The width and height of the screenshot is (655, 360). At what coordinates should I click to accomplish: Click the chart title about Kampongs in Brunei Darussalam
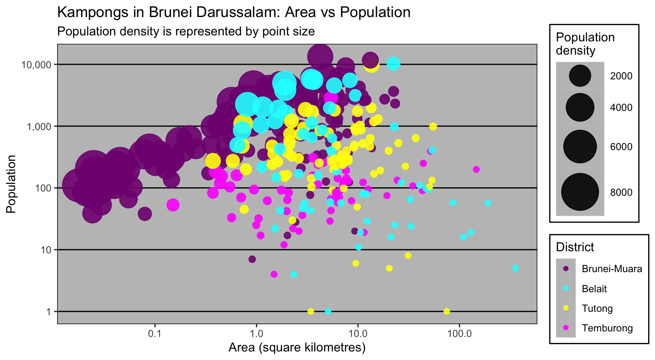(234, 12)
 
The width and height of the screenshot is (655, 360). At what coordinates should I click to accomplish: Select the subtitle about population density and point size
(186, 32)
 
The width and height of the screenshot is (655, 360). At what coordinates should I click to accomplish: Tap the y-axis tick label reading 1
(49, 311)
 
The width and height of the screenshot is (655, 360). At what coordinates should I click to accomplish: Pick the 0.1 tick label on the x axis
(154, 334)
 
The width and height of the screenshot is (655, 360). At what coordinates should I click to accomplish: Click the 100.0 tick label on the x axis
(459, 334)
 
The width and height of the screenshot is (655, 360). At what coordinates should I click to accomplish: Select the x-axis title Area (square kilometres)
(297, 348)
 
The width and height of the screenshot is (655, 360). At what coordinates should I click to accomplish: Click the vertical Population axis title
(11, 184)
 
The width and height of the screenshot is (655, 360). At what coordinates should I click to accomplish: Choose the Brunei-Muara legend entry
(612, 269)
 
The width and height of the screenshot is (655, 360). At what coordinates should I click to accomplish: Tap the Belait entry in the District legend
(594, 289)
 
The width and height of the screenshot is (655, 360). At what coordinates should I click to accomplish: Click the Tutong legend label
(597, 308)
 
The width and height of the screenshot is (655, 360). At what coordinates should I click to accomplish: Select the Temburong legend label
(607, 328)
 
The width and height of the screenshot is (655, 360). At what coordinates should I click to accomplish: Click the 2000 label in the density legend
(621, 76)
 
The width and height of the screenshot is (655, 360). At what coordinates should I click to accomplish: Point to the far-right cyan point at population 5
(515, 268)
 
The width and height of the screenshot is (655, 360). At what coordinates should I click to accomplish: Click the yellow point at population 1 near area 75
(446, 311)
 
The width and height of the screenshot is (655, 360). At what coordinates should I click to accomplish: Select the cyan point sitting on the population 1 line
(328, 311)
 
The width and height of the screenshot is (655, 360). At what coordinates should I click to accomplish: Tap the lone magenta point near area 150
(476, 169)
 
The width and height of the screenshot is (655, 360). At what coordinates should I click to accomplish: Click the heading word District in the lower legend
(575, 247)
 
